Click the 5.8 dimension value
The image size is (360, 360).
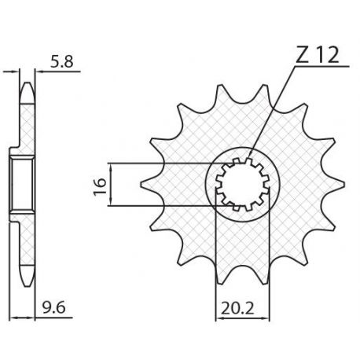coord(61,62)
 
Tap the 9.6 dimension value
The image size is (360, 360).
coord(53,307)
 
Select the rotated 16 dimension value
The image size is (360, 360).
coord(100,186)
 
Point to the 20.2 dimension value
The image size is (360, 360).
coord(237,308)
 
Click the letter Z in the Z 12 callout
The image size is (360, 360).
coord(303,55)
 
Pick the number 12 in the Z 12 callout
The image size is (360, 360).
coord(329,55)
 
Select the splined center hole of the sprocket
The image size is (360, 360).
coord(242,184)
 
